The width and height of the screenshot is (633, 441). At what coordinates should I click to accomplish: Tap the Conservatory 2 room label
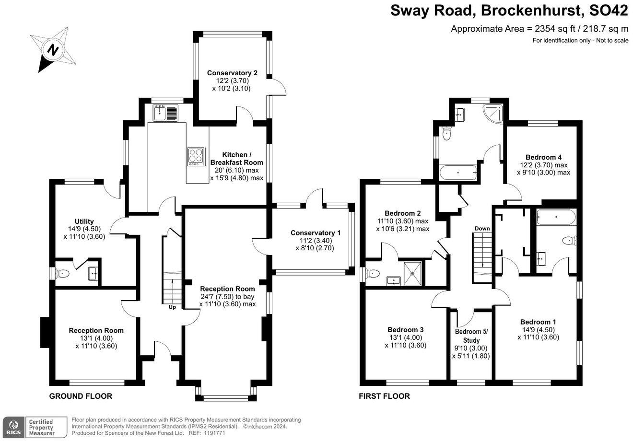tap(232, 73)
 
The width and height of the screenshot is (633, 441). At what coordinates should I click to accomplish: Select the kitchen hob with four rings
tap(196, 157)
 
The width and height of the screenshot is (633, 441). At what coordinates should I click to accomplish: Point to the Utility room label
tap(84, 221)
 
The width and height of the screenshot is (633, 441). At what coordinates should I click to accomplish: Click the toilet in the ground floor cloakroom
tap(62, 274)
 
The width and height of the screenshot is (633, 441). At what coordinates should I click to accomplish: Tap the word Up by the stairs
tap(172, 307)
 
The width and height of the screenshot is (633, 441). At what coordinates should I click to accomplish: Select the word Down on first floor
tap(482, 228)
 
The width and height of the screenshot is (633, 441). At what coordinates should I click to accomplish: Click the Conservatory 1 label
tap(316, 233)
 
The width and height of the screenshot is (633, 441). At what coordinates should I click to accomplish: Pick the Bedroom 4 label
tap(543, 157)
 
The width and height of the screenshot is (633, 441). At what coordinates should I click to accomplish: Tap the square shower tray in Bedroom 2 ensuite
tap(412, 273)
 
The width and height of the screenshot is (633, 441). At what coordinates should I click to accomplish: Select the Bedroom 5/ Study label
tap(471, 336)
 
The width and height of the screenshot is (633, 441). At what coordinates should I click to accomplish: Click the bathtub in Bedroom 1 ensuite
tap(556, 217)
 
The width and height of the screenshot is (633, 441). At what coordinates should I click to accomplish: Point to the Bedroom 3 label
tap(406, 330)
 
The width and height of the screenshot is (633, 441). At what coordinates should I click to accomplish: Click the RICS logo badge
tap(14, 427)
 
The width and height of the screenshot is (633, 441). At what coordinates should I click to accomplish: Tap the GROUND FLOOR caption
tap(81, 396)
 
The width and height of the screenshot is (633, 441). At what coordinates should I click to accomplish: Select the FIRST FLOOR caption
tap(384, 396)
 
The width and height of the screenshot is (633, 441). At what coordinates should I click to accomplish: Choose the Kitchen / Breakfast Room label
tap(237, 159)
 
